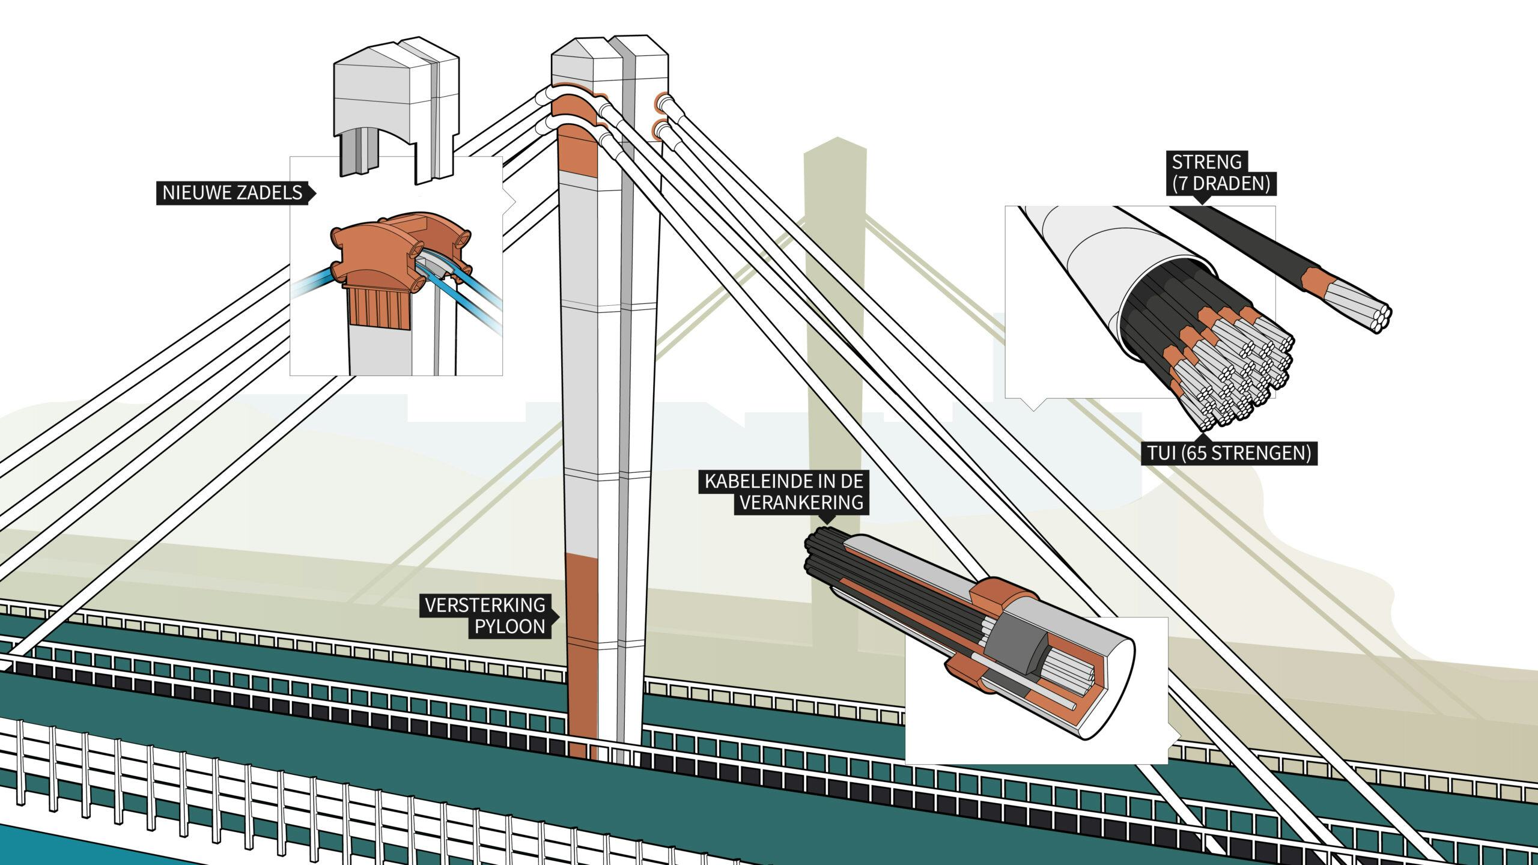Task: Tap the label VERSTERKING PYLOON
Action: tap(485, 616)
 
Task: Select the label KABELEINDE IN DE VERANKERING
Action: tap(785, 492)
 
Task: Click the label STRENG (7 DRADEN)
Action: tap(1221, 173)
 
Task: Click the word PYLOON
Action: tap(510, 627)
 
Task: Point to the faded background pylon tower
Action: tap(835, 300)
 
